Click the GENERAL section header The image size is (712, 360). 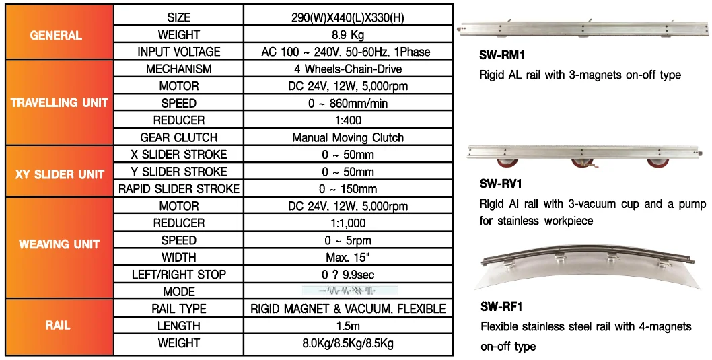[57, 35]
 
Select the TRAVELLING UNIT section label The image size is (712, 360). [59, 103]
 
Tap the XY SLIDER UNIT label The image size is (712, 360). [59, 174]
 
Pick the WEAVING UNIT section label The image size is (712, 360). [59, 244]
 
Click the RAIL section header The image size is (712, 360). [58, 326]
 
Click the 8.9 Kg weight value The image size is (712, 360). [348, 34]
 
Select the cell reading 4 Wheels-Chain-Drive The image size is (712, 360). [348, 69]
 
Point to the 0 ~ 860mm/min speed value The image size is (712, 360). [348, 103]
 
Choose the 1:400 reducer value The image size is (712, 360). [348, 120]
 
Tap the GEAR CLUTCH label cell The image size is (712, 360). [178, 137]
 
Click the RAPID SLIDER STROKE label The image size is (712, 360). [178, 189]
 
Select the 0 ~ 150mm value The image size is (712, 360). [348, 189]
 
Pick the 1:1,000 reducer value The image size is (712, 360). [348, 223]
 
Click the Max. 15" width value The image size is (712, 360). [348, 257]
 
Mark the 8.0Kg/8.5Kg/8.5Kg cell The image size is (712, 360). [348, 343]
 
